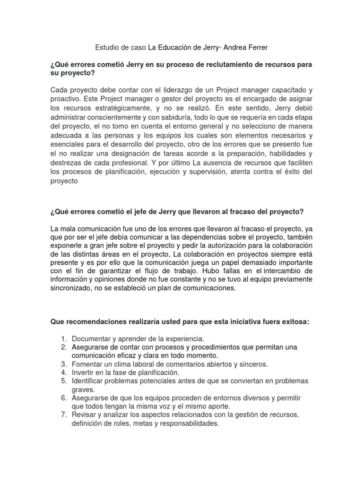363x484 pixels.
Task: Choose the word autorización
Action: click(229, 245)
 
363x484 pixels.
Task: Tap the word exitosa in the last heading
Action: click(291, 322)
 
